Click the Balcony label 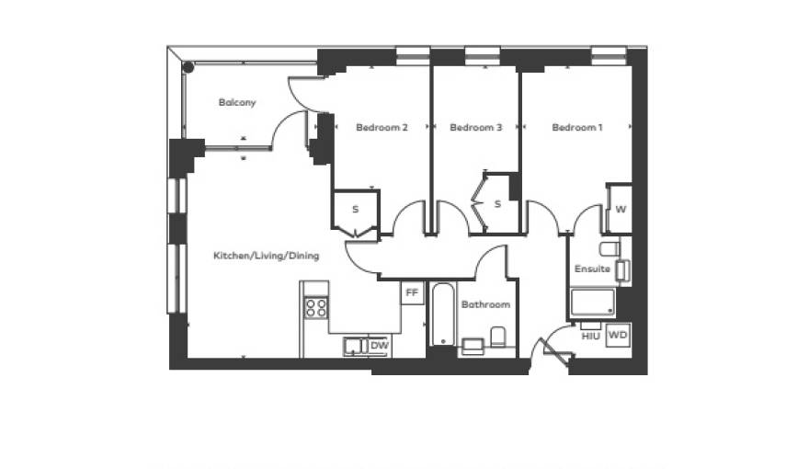(x=237, y=102)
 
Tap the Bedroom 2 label (x=382, y=127)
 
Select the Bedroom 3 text (x=475, y=127)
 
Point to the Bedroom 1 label (x=576, y=127)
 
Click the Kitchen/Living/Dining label (x=267, y=256)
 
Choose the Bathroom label (x=485, y=304)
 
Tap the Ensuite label (x=592, y=269)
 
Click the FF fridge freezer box (x=412, y=292)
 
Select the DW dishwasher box (x=380, y=346)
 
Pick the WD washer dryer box (x=618, y=336)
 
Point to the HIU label (x=590, y=337)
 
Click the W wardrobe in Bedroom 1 (x=620, y=209)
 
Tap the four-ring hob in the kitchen (x=316, y=307)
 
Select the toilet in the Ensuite (x=610, y=248)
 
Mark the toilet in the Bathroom (x=497, y=337)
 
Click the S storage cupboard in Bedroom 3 (x=497, y=204)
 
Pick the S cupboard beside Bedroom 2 (x=356, y=210)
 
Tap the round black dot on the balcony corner (x=188, y=67)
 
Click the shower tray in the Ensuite (x=593, y=302)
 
